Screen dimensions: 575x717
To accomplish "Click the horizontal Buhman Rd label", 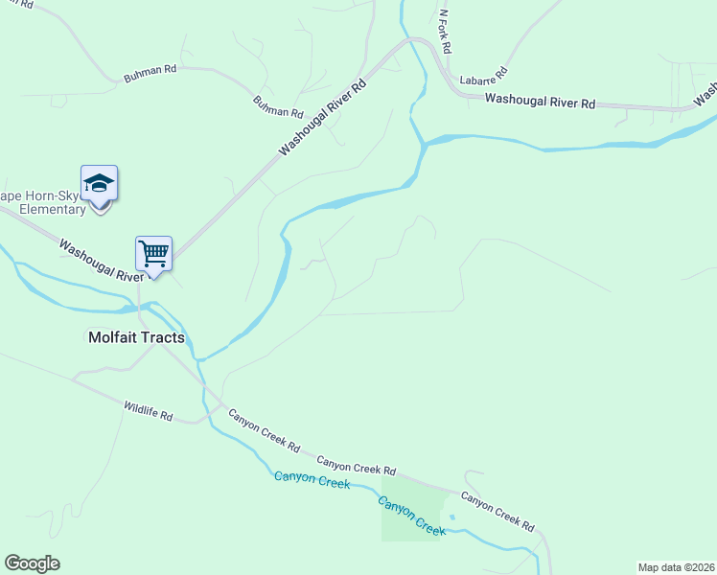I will (150, 73).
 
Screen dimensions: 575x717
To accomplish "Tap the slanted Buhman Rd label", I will (278, 106).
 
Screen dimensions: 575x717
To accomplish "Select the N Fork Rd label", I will (445, 32).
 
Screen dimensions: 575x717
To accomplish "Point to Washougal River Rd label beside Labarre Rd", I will (540, 101).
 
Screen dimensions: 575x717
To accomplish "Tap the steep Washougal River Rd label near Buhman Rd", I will (323, 119).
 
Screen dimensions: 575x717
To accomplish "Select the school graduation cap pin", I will (99, 184).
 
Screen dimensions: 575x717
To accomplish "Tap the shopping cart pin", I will (153, 255).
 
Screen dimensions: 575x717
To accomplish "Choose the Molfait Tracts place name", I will (136, 337).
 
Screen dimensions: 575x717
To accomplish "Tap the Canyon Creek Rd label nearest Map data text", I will (497, 511).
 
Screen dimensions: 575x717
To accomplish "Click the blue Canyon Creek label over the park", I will (412, 516).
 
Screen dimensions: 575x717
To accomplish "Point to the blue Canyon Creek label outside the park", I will (312, 479).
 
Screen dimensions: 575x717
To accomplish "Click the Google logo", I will (32, 563).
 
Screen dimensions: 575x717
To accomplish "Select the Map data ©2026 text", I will (676, 567).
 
